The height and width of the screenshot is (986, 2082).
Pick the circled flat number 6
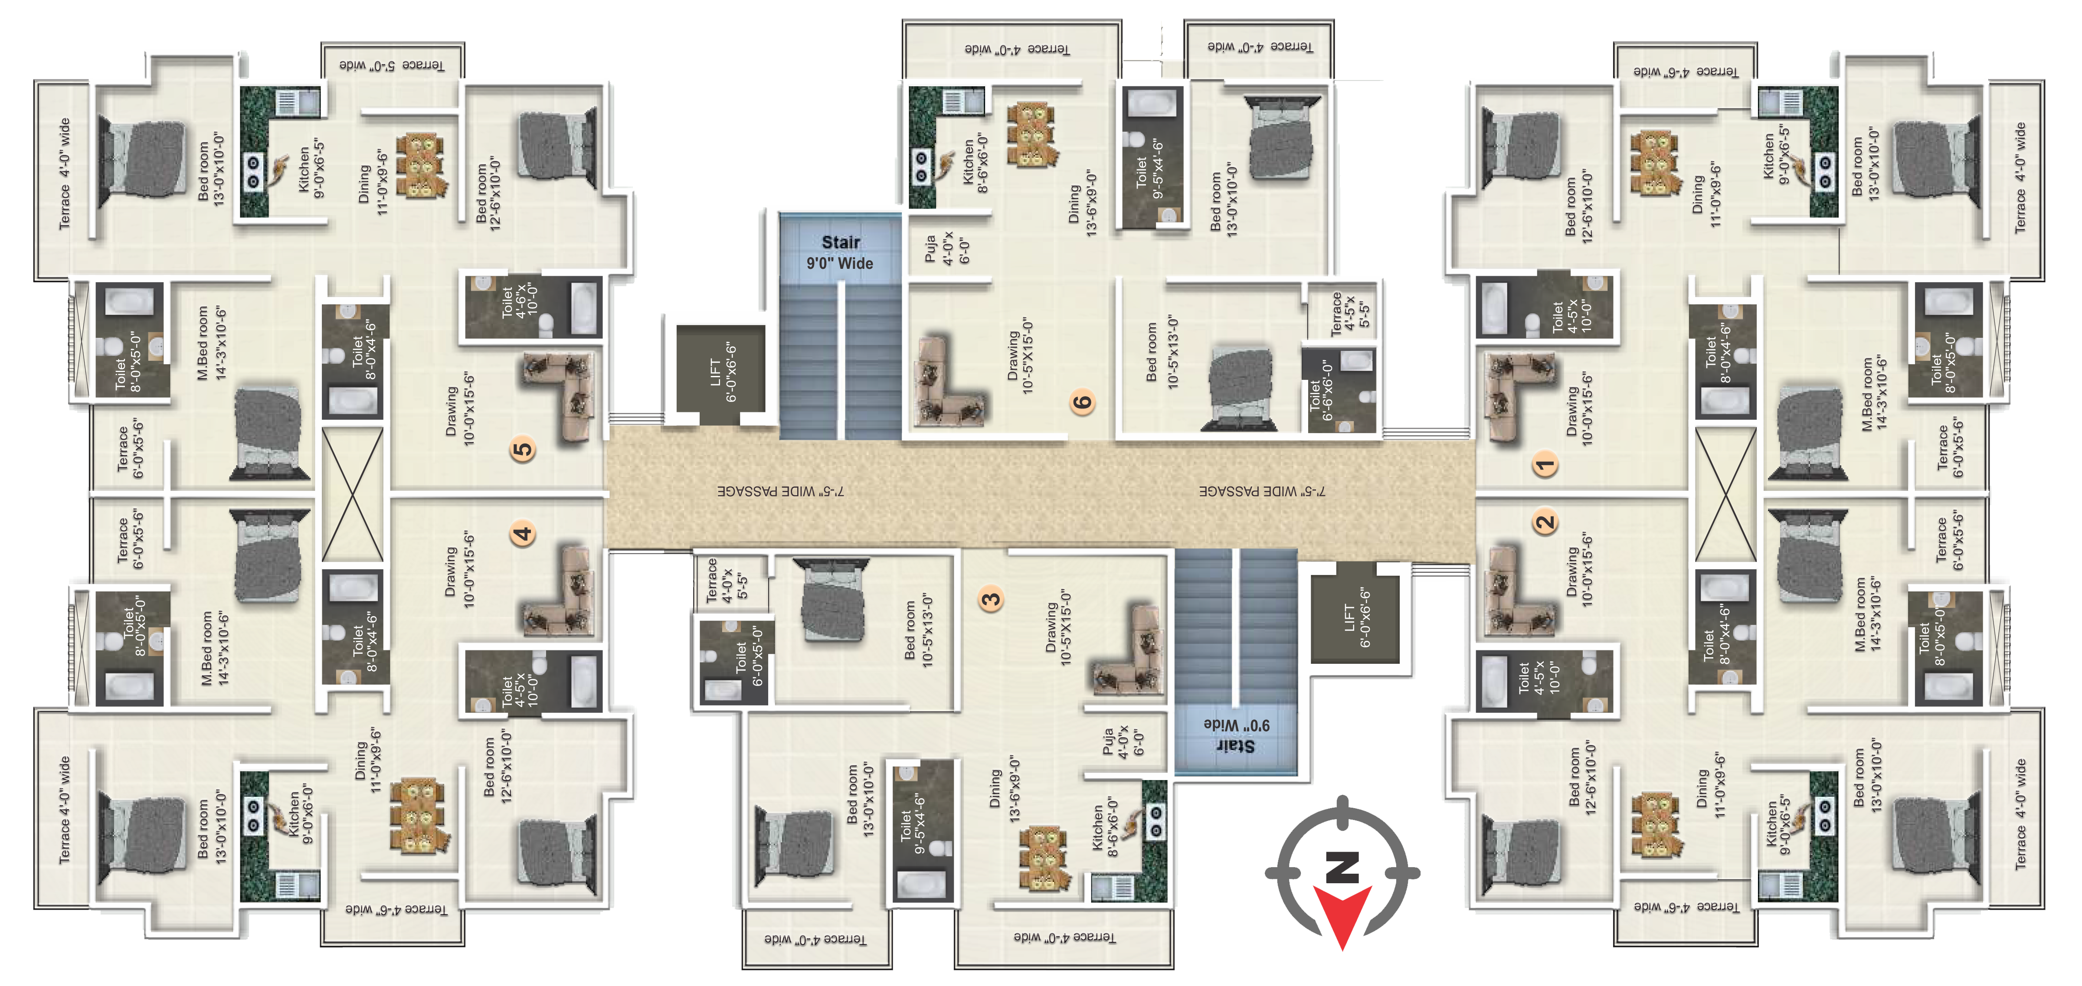point(1082,402)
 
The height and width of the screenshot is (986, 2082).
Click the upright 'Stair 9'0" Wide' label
point(840,252)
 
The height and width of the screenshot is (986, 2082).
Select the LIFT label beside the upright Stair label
point(723,372)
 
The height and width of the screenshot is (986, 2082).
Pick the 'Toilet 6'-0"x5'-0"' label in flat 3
point(748,656)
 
